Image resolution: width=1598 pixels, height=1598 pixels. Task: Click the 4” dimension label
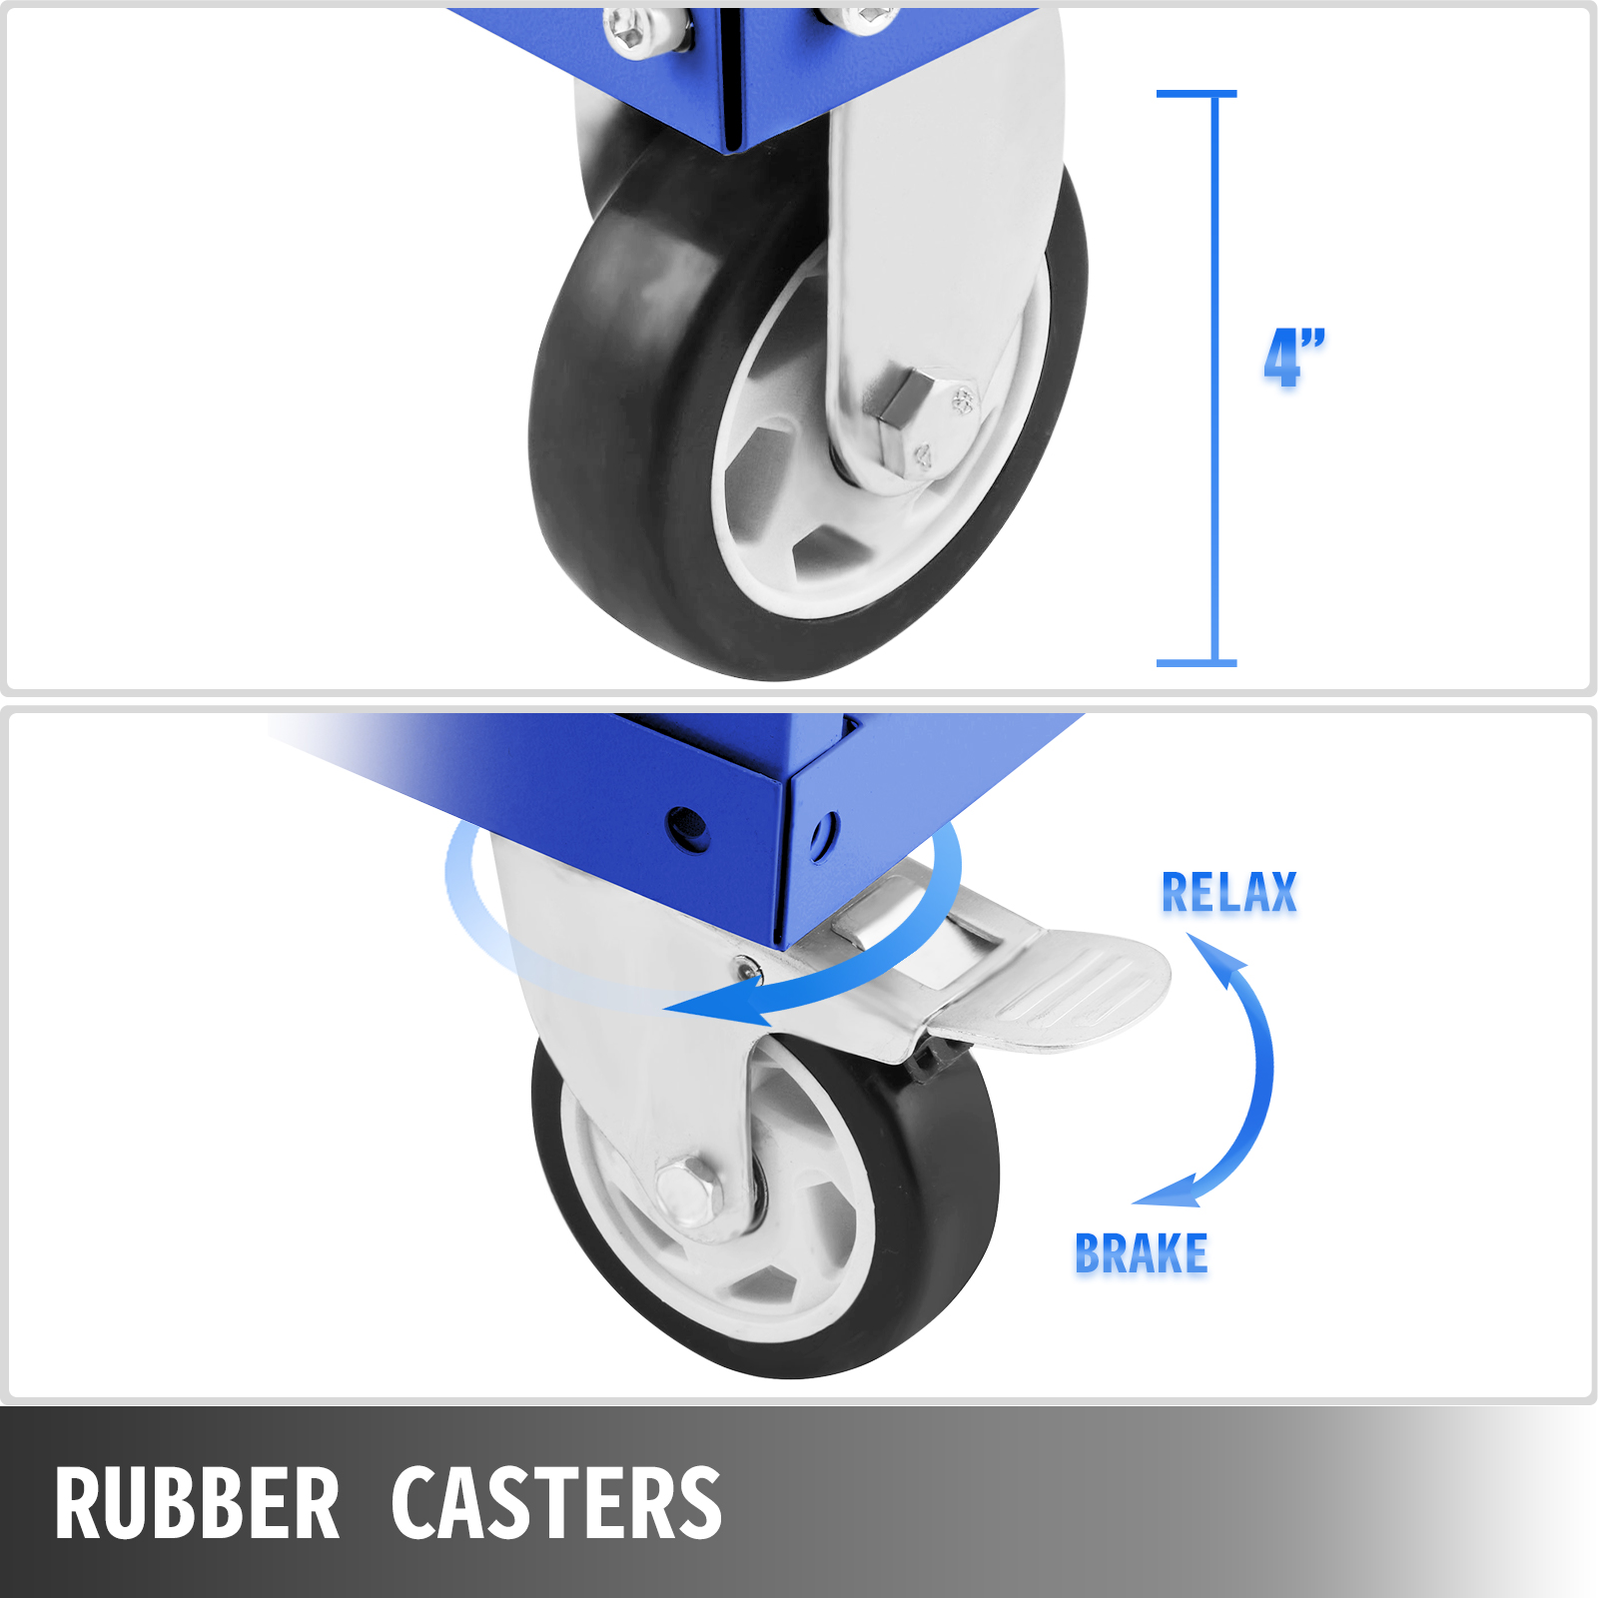point(1294,357)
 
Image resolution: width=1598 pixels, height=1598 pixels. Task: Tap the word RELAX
point(1228,892)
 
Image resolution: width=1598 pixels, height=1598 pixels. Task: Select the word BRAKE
point(1141,1253)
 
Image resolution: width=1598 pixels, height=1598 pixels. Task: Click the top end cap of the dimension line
point(1197,94)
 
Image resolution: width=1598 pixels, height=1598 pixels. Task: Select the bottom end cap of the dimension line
point(1197,663)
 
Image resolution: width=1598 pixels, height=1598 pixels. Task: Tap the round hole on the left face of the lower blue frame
point(688,828)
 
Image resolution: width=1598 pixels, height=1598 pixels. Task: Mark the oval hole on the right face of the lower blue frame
point(824,837)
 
